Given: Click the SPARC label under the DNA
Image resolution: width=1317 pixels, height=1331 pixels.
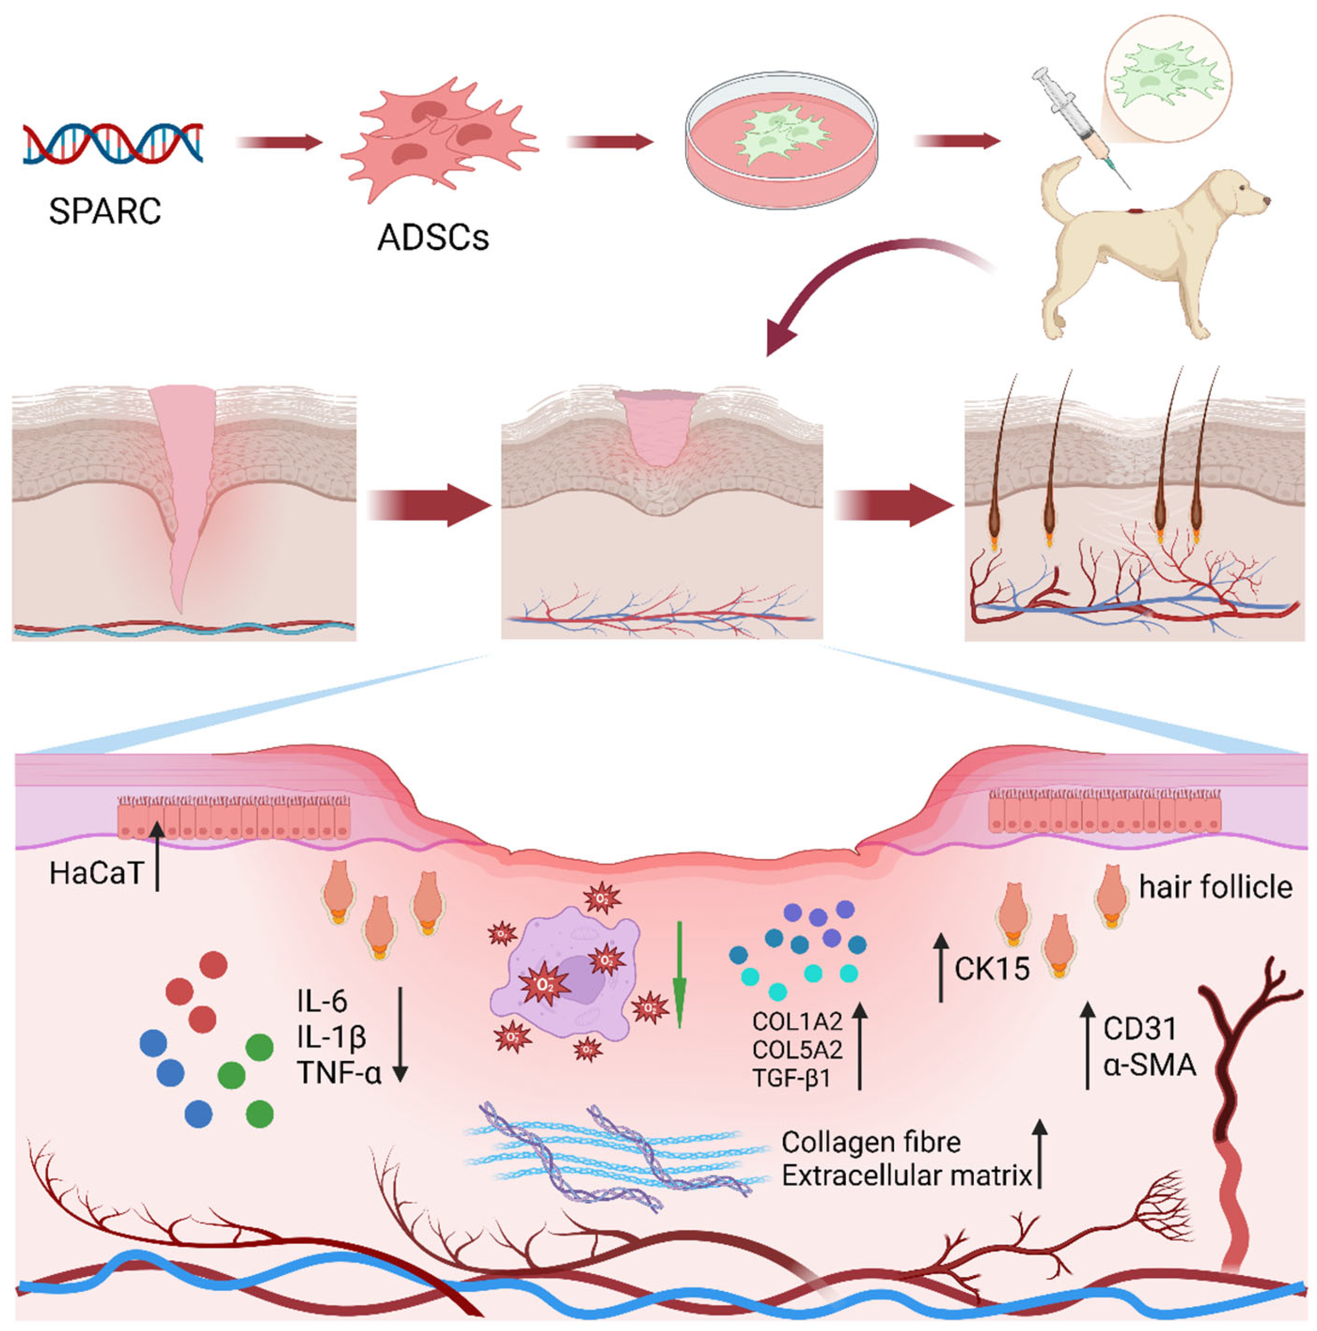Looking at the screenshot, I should point(105,211).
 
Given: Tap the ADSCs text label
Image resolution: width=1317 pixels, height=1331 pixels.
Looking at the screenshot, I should point(433,238).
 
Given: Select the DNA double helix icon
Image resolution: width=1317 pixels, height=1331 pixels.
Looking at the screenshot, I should point(112,144).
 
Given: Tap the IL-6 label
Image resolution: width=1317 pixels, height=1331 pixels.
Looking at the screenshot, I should point(322,1001).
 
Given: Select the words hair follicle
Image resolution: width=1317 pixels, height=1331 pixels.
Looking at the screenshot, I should point(1215,887).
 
